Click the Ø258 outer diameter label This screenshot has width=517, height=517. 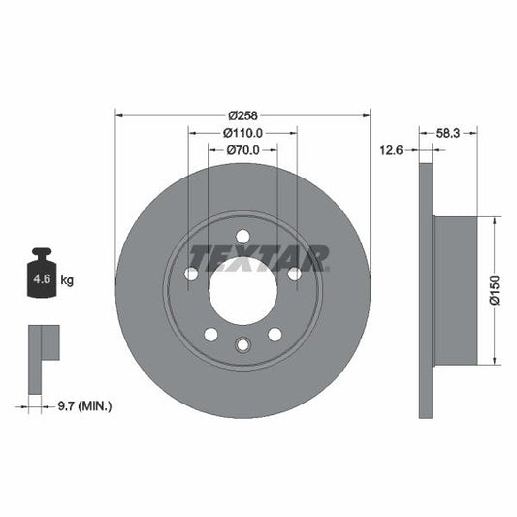click(x=243, y=114)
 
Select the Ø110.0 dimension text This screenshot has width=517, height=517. click(x=243, y=133)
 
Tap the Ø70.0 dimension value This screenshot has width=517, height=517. click(x=243, y=150)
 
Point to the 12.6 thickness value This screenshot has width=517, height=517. click(x=392, y=150)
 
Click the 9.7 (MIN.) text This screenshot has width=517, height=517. click(x=84, y=405)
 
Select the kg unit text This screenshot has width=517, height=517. click(x=67, y=280)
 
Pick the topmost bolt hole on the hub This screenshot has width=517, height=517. click(x=242, y=236)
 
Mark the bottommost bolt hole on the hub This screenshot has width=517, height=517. click(x=242, y=342)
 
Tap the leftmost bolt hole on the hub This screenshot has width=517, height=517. click(x=191, y=275)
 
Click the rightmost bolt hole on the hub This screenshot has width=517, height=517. click(x=293, y=275)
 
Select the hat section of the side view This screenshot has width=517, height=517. click(x=455, y=290)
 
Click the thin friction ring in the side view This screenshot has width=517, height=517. click(x=425, y=290)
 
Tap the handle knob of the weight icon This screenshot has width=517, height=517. click(x=43, y=254)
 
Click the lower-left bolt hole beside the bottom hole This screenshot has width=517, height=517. click(x=210, y=334)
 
